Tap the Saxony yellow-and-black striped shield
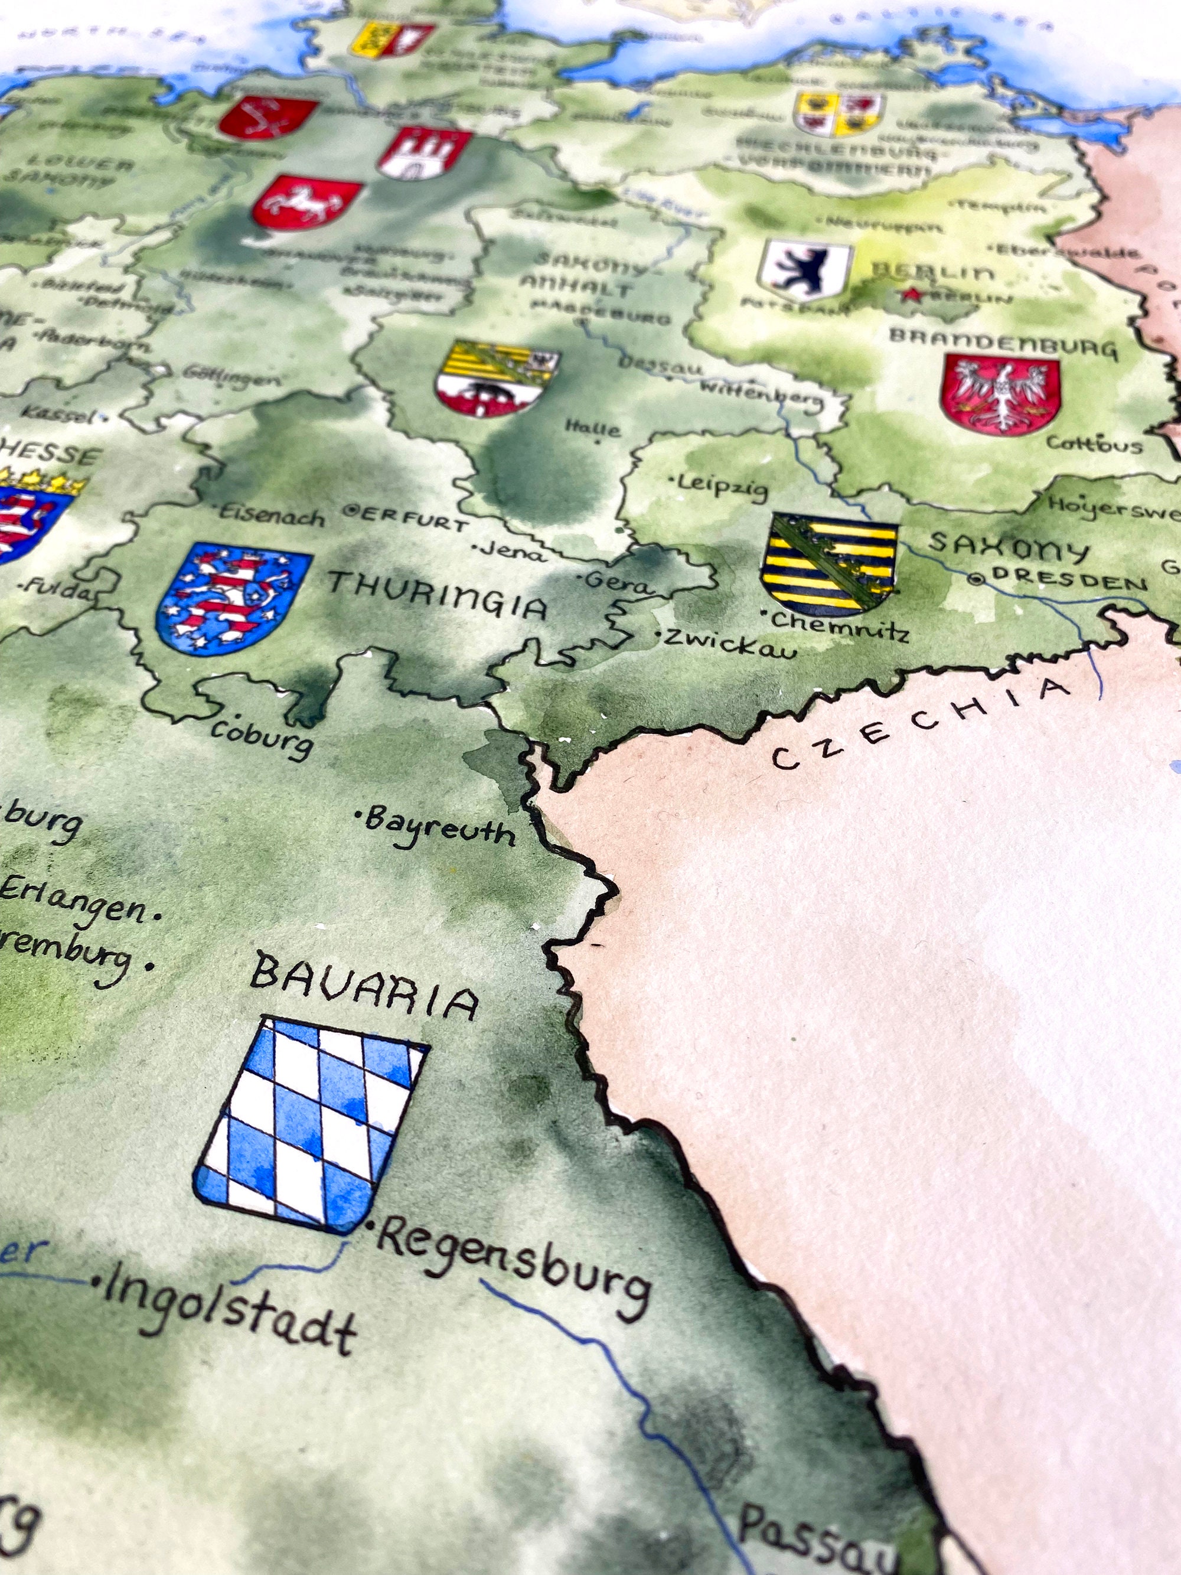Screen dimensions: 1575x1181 [x=828, y=562]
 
